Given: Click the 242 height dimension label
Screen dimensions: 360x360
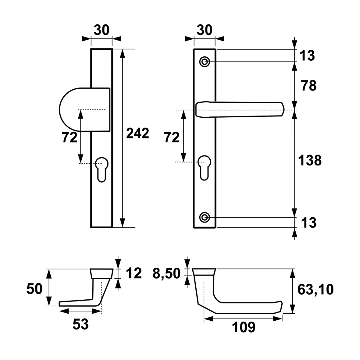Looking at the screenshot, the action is (x=137, y=133).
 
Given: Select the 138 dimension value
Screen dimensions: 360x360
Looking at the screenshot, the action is (x=310, y=160).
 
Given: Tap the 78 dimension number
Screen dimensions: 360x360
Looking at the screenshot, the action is (x=309, y=86).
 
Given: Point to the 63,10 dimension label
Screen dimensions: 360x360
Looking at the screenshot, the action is (x=315, y=290).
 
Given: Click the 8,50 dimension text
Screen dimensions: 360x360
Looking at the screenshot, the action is (x=167, y=273).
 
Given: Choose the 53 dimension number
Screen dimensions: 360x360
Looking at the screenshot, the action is (x=80, y=324).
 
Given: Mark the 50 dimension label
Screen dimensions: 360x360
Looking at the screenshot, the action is (x=34, y=289).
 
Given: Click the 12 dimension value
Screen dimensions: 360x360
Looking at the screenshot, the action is (x=134, y=273).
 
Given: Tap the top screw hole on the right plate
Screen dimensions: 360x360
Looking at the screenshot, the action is (x=204, y=62).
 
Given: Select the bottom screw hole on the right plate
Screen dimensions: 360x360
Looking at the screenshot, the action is (x=204, y=217).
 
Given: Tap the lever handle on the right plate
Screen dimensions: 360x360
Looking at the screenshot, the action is (x=240, y=110).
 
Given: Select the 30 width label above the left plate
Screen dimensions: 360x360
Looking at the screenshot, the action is (x=102, y=30).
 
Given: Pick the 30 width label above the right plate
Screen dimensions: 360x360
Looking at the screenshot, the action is (x=204, y=30).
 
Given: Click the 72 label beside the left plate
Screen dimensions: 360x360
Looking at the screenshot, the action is (x=70, y=138).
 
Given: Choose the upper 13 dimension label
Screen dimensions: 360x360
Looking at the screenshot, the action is (x=308, y=55).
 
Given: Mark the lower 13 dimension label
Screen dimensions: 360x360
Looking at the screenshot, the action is (x=309, y=223).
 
